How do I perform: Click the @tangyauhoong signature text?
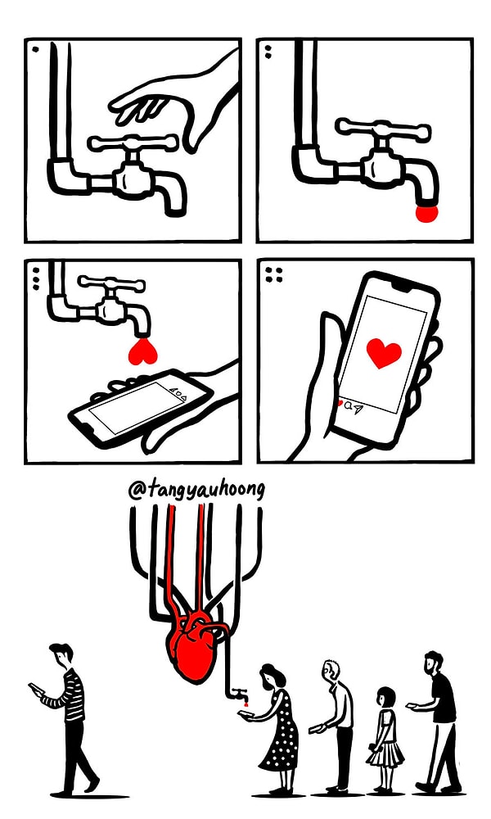pos(196,490)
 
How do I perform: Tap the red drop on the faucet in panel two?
pos(427,213)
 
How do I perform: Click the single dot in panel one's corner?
pos(34,48)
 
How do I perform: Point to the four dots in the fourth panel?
pos(273,274)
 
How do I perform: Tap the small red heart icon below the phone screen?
pos(340,403)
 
